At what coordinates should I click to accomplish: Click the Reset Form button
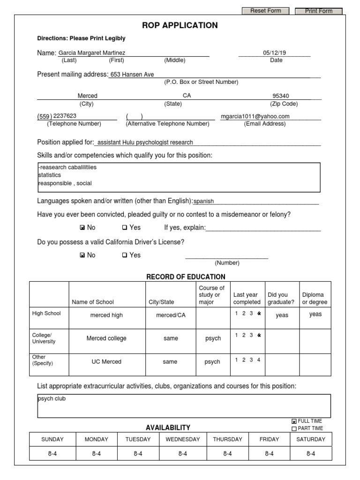(x=265, y=11)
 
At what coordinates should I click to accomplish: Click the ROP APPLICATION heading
(x=180, y=25)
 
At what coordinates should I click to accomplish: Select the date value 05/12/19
(x=274, y=53)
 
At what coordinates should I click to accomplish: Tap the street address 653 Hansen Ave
(x=132, y=74)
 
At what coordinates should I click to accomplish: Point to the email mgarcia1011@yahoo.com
(x=255, y=116)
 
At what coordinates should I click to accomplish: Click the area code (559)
(x=45, y=116)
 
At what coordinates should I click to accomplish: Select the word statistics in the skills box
(x=50, y=175)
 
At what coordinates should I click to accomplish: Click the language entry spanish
(x=204, y=201)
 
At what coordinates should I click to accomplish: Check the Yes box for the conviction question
(x=125, y=228)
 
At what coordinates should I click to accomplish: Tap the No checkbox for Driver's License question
(x=82, y=255)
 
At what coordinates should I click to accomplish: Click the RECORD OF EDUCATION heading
(x=186, y=277)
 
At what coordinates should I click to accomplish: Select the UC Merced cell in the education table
(x=106, y=361)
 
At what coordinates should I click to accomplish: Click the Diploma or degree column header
(x=315, y=298)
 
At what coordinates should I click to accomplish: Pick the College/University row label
(x=44, y=338)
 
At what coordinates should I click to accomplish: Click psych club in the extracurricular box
(x=52, y=399)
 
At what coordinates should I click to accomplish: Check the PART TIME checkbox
(x=294, y=428)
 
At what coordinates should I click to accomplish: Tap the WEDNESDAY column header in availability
(x=182, y=439)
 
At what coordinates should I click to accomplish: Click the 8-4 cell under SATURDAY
(x=310, y=453)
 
